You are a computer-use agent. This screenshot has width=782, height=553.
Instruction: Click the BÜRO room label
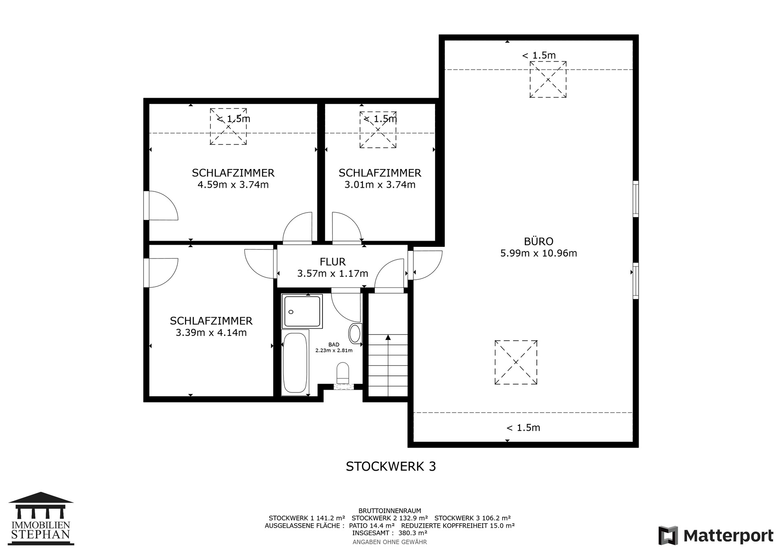(x=538, y=241)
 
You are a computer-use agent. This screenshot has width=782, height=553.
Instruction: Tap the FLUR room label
(x=333, y=262)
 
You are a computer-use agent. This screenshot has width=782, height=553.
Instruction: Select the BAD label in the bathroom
(x=334, y=345)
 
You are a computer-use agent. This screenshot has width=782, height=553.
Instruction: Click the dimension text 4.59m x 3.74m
(x=233, y=185)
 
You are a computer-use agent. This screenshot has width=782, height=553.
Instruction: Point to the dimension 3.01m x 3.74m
(x=380, y=185)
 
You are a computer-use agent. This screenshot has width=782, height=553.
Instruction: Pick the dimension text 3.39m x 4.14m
(x=211, y=333)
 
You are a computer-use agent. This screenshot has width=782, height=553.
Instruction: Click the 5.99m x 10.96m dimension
(x=538, y=253)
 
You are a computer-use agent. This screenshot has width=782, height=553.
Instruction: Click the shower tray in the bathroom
(x=302, y=311)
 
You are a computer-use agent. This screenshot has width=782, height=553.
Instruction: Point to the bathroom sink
(x=355, y=334)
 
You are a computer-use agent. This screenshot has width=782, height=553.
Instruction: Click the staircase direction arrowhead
(x=388, y=337)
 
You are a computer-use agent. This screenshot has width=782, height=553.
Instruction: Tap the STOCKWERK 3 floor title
(x=391, y=466)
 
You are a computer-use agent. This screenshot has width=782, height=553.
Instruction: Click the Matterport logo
(x=716, y=535)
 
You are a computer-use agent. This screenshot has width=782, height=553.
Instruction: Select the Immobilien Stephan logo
(x=41, y=518)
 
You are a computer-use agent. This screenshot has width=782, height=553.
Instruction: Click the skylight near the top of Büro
(x=548, y=79)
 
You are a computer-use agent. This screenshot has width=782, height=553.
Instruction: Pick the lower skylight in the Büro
(x=516, y=362)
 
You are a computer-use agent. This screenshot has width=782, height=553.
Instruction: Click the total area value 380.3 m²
(x=413, y=533)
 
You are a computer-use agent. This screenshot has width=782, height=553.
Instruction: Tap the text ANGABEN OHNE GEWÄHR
(x=390, y=542)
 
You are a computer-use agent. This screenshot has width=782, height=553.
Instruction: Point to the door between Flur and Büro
(x=424, y=265)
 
